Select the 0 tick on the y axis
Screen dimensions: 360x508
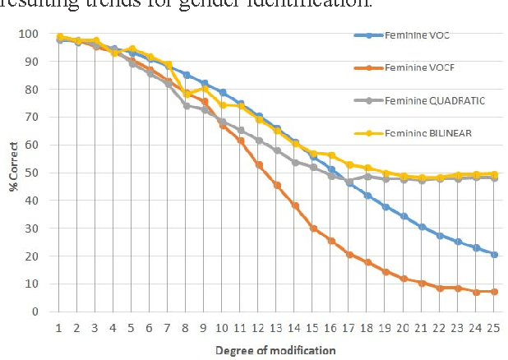point(35,312)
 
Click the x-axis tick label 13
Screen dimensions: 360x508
point(277,328)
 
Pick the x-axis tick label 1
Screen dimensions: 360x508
point(60,328)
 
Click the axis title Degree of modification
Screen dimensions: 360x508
point(275,350)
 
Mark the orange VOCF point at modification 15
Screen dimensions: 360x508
point(313,228)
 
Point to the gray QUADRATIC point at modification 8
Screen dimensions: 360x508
point(187,105)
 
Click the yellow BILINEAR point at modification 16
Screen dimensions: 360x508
point(331,155)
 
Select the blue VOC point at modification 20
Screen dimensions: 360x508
point(403,216)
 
